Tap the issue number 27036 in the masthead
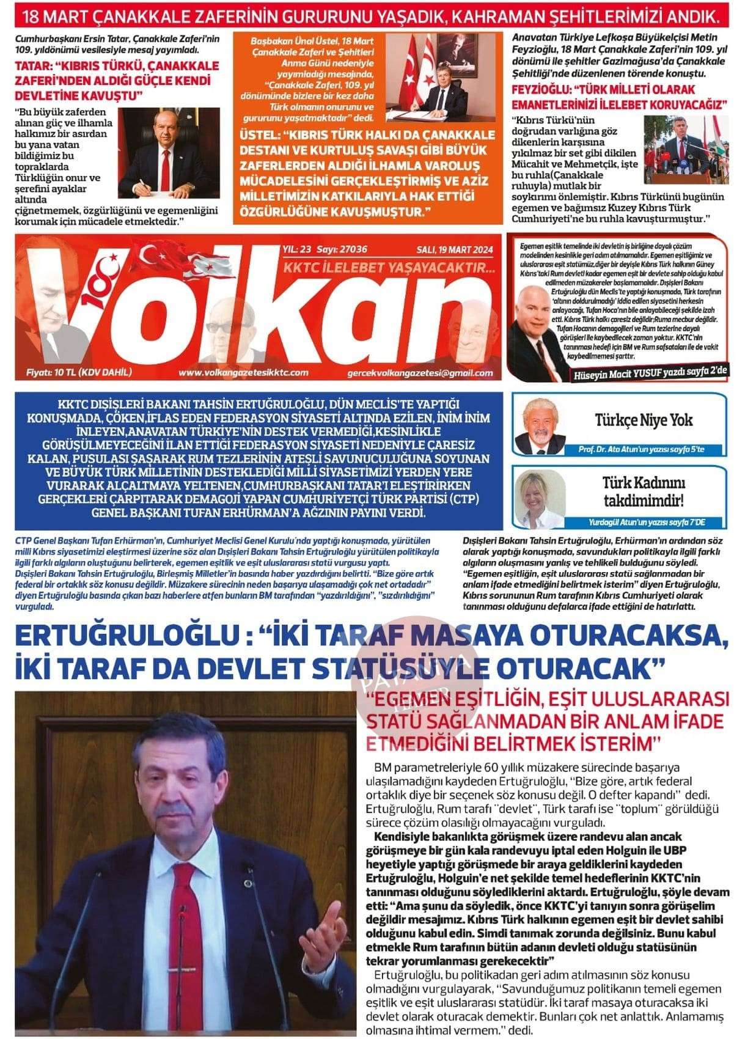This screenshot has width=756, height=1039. click(354, 249)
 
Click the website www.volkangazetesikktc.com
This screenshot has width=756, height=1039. click(243, 372)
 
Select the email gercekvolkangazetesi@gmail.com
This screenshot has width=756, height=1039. click(420, 373)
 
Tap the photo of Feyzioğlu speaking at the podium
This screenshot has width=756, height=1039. click(686, 150)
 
